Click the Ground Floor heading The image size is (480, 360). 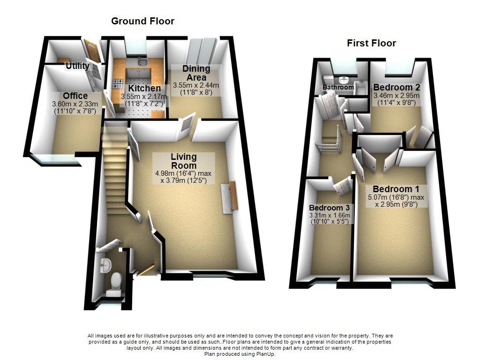(x=142, y=21)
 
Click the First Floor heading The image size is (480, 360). (x=371, y=43)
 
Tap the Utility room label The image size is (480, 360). (x=77, y=66)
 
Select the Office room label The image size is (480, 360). (x=75, y=96)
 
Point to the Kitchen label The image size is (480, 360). (x=144, y=88)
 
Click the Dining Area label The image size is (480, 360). (x=196, y=73)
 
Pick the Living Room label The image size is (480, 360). (x=183, y=161)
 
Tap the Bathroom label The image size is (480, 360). (x=338, y=88)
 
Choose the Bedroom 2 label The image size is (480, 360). (x=396, y=88)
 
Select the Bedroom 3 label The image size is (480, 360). (x=330, y=208)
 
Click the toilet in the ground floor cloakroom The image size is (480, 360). (x=113, y=282)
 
